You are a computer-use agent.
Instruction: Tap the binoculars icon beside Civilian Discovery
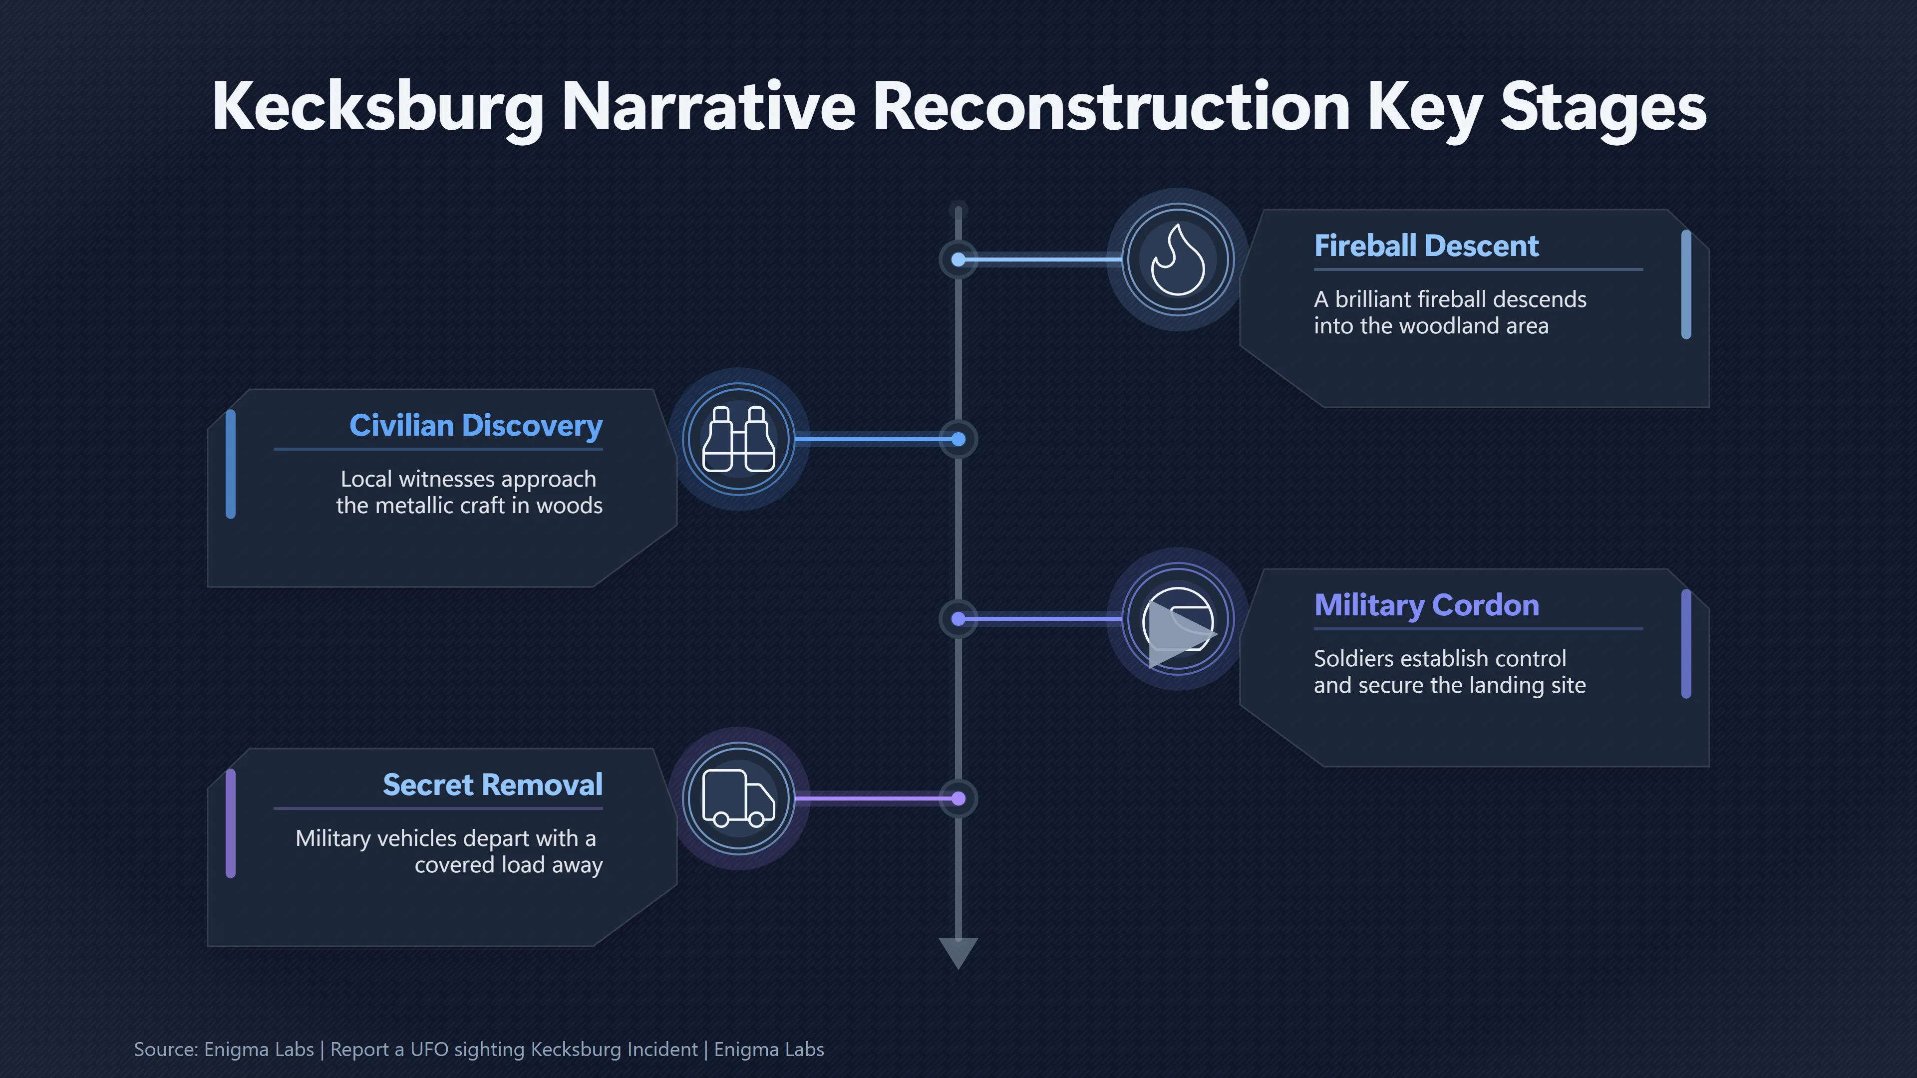[738, 439]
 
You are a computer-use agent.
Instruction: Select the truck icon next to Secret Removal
[738, 799]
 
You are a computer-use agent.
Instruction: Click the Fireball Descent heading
[1426, 246]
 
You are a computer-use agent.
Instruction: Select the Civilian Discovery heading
[476, 426]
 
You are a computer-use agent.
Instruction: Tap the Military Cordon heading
[1426, 605]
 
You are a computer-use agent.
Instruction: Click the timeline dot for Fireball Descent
[958, 260]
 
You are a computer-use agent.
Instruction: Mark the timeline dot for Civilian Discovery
[958, 440]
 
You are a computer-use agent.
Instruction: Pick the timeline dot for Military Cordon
[958, 619]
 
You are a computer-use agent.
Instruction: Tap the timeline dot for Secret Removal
[958, 799]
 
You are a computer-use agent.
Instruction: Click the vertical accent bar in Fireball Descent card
[1686, 285]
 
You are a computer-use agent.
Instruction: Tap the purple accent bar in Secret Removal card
[231, 823]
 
